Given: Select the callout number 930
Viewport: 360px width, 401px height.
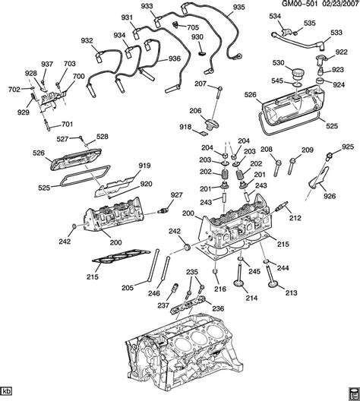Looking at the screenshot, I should [x=197, y=37].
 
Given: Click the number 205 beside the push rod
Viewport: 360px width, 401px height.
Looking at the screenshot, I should [x=127, y=288].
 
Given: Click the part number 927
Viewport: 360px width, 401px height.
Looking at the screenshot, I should [x=176, y=196].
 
